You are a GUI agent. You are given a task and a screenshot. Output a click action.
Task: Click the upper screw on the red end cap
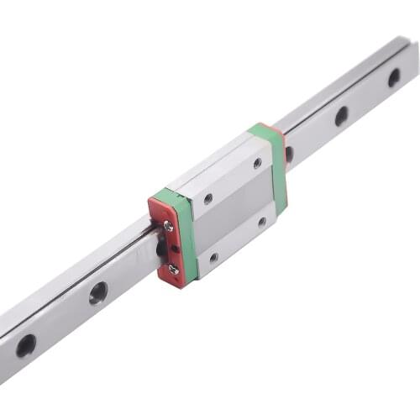coord(169,225)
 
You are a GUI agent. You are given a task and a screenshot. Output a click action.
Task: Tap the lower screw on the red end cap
coord(173,269)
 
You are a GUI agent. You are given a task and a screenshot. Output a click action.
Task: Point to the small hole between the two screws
coord(174,249)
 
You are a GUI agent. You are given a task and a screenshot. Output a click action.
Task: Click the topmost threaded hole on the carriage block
coord(257,163)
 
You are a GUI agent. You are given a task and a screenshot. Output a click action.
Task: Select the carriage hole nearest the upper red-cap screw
coord(207,199)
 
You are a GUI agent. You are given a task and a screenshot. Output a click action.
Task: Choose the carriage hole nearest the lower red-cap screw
coord(213,257)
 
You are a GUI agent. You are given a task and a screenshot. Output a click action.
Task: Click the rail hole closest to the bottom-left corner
coord(26,344)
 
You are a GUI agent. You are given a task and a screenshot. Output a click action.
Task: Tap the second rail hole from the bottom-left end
coord(98,292)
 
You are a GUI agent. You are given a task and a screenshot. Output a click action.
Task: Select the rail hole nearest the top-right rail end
coord(394,77)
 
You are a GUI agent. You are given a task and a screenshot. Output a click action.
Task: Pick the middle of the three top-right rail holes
coord(341,116)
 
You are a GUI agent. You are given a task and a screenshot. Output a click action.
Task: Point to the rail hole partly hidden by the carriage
coord(289,154)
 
